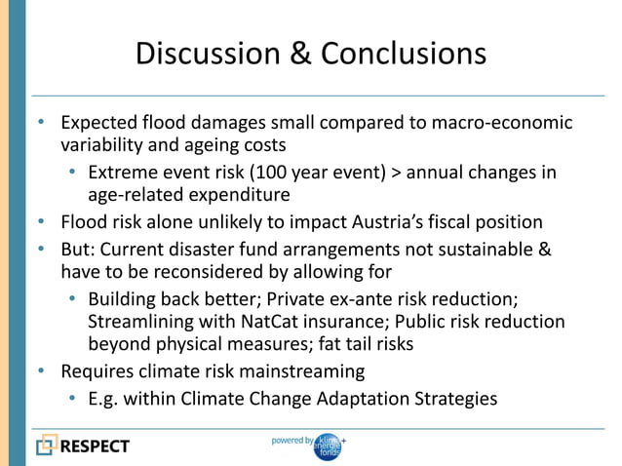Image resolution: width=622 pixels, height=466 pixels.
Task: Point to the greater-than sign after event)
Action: [394, 174]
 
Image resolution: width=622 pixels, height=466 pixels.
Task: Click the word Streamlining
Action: [139, 322]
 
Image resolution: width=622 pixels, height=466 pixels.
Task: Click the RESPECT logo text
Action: [96, 447]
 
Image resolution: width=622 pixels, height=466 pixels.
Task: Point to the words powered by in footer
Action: [292, 441]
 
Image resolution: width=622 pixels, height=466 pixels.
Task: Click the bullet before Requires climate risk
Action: [41, 371]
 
